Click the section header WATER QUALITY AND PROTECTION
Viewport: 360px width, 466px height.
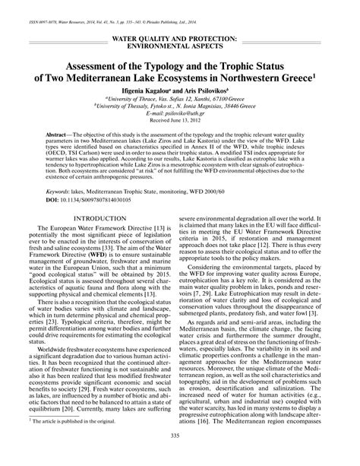(x=180, y=36)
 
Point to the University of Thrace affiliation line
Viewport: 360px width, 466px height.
(x=180, y=100)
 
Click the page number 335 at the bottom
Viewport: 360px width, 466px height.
(x=180, y=455)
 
